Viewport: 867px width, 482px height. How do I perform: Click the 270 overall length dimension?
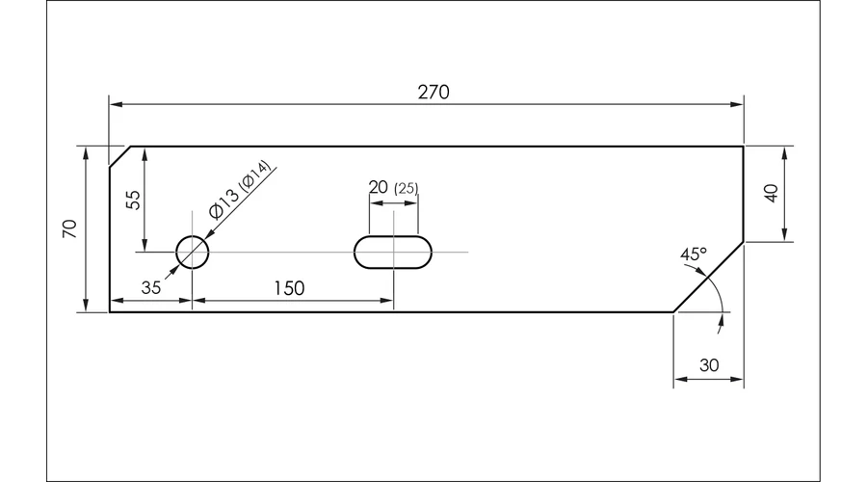coord(433,92)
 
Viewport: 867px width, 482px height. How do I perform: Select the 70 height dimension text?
coord(70,228)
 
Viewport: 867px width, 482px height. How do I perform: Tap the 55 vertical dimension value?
coord(134,200)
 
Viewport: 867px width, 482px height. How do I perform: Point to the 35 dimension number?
coord(151,288)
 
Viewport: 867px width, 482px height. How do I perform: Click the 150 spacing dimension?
coord(289,288)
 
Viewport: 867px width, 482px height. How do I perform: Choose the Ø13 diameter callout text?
coord(223,203)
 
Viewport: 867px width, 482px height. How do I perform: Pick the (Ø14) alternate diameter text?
coord(255,174)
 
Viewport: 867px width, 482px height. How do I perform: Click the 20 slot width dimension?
coord(379,187)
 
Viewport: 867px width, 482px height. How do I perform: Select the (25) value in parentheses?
coord(407,189)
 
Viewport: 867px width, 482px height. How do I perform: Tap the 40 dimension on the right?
coord(771,193)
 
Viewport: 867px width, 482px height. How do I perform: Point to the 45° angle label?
coord(694,254)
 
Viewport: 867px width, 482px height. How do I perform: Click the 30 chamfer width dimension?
coord(709,365)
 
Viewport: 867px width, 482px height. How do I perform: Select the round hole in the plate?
coord(193,252)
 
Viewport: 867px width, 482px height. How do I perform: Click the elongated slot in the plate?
coord(393,252)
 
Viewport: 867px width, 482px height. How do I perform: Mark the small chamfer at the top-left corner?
coord(120,156)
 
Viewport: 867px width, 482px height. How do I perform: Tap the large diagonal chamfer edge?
coord(708,277)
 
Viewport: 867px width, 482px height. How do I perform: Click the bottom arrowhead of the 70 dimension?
coord(85,306)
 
